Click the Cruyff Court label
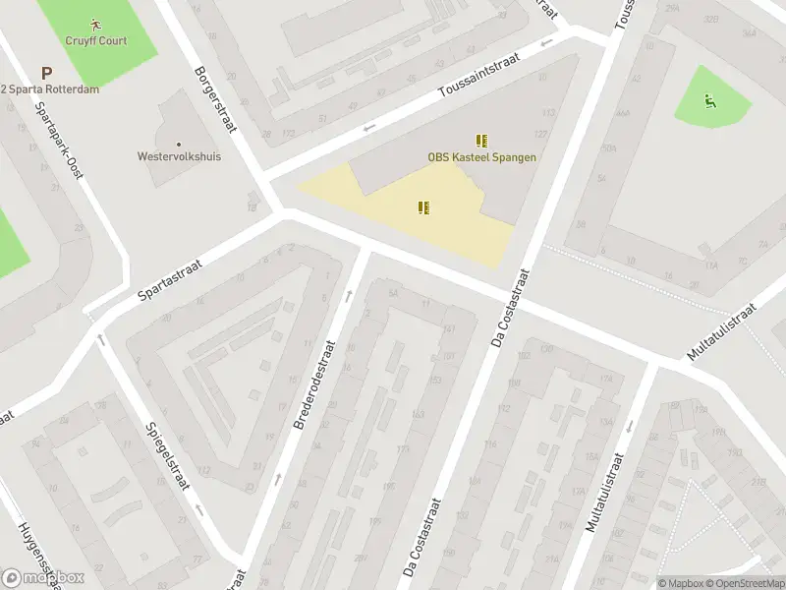pyautogui.click(x=96, y=40)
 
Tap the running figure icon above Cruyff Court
pyautogui.click(x=95, y=23)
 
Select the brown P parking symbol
pyautogui.click(x=46, y=73)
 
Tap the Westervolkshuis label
pyautogui.click(x=179, y=156)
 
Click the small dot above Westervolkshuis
pyautogui.click(x=179, y=144)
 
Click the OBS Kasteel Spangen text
pyautogui.click(x=481, y=157)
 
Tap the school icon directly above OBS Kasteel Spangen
pyautogui.click(x=481, y=141)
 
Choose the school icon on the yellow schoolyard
pyautogui.click(x=423, y=207)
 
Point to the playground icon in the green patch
pyautogui.click(x=709, y=100)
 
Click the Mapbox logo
pyautogui.click(x=43, y=578)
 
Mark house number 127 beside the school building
pyautogui.click(x=539, y=135)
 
